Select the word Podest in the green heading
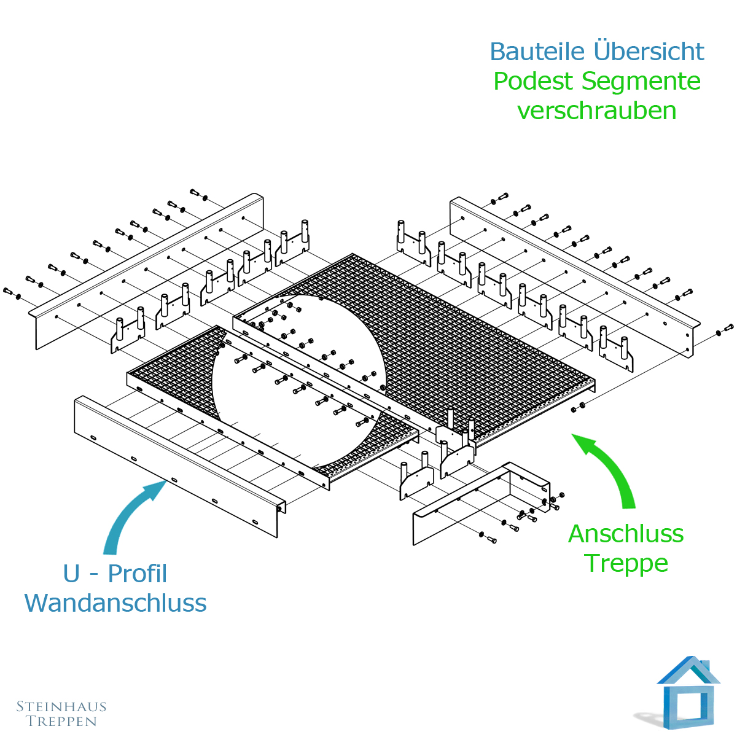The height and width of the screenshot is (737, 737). [534, 82]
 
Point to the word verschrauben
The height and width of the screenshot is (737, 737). [596, 111]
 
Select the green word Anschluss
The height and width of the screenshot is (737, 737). [626, 534]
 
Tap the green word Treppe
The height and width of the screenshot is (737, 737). [626, 563]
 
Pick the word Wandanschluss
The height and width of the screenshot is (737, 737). [115, 603]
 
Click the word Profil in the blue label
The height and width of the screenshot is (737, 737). [138, 574]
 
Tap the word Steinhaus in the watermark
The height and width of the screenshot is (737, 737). [61, 707]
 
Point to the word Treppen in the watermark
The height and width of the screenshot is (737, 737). [61, 722]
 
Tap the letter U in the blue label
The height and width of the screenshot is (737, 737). [71, 574]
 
